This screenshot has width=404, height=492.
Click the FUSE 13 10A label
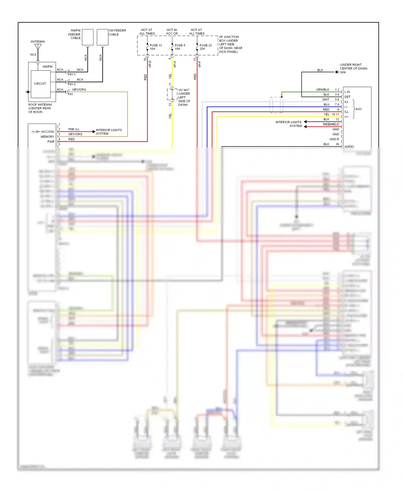[155, 47]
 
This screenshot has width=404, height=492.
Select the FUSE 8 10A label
[180, 47]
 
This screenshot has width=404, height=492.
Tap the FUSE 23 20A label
[205, 47]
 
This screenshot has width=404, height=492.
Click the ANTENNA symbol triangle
[38, 47]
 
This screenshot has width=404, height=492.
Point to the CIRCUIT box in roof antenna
[40, 84]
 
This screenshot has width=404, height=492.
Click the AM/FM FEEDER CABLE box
[88, 37]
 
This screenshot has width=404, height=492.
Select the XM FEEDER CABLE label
[117, 32]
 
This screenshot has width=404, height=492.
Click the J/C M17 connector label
[184, 90]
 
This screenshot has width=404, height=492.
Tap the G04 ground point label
[343, 72]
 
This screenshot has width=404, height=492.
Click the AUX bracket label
[358, 109]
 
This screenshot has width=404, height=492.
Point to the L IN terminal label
[347, 92]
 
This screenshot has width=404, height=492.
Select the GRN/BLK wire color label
[322, 90]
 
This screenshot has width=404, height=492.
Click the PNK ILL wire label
[74, 129]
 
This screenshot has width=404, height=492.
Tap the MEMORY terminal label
[47, 137]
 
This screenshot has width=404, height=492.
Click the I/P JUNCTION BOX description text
[230, 44]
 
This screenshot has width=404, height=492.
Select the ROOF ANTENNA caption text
[40, 108]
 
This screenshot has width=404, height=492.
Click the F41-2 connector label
[72, 84]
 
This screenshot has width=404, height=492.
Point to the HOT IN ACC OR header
[172, 32]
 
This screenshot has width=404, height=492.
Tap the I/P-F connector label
[200, 64]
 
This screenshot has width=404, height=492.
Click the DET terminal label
[347, 97]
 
